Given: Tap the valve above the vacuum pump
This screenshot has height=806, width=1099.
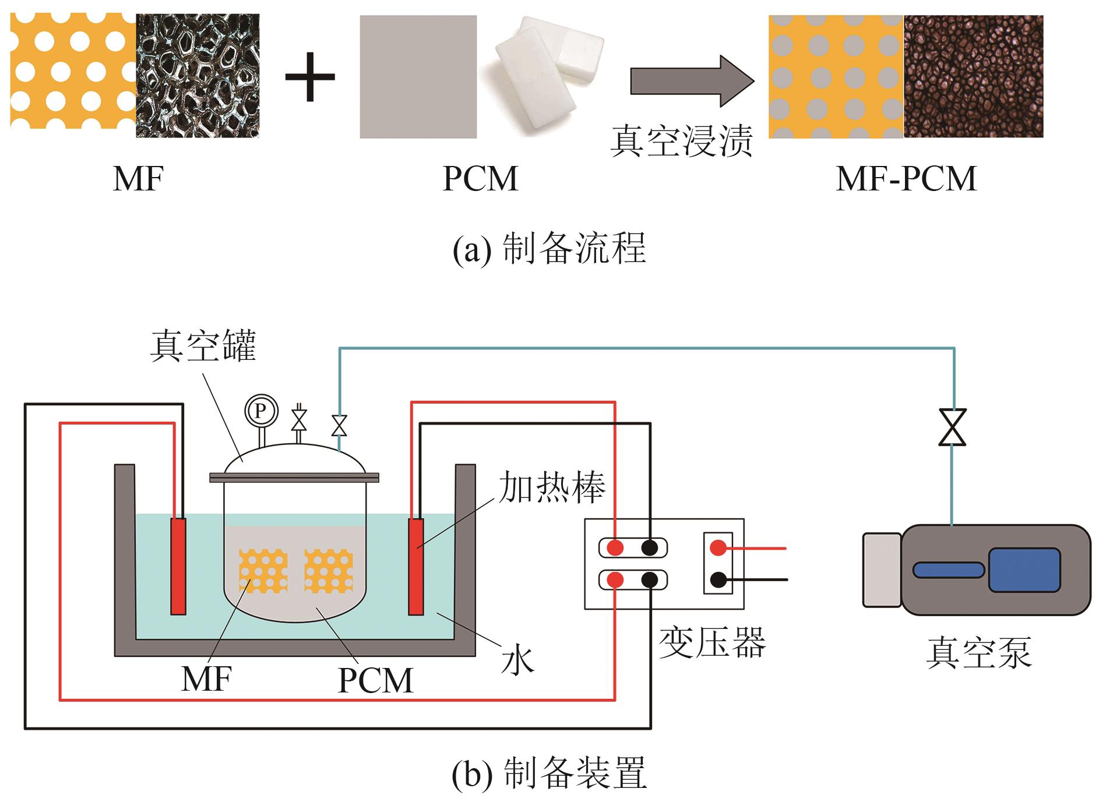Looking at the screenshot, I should point(952,427).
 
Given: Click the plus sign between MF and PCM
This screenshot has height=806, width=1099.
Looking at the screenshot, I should point(309,77).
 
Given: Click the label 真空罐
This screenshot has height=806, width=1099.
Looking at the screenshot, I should point(203,347).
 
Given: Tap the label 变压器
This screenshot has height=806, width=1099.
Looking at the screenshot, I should point(712,643).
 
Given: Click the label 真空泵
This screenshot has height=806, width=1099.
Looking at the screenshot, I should point(978,652).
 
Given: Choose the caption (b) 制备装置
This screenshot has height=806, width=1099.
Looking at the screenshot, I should point(549,773).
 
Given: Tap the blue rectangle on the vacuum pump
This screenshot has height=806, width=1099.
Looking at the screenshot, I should point(1024,570).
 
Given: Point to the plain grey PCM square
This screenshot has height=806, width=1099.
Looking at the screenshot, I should point(418,77).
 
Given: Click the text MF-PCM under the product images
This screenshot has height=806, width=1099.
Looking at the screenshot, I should point(906,179).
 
